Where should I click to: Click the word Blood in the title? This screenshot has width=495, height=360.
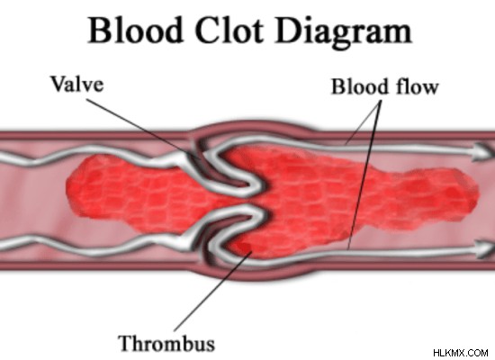pyautogui.click(x=136, y=31)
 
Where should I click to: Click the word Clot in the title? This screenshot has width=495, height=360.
pyautogui.click(x=229, y=31)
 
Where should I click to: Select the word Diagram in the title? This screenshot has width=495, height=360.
pyautogui.click(x=344, y=33)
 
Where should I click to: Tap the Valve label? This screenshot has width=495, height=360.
pyautogui.click(x=77, y=84)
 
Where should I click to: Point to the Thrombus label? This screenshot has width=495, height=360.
pyautogui.click(x=166, y=343)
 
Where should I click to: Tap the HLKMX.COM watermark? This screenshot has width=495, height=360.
pyautogui.click(x=461, y=353)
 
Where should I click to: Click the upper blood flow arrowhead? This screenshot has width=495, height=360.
pyautogui.click(x=482, y=151)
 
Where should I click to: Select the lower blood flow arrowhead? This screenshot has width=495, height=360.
pyautogui.click(x=484, y=249)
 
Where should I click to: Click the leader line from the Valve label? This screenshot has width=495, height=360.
pyautogui.click(x=139, y=128)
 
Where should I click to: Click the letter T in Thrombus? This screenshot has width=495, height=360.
pyautogui.click(x=125, y=343)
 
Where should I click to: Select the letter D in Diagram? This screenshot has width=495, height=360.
pyautogui.click(x=289, y=31)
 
